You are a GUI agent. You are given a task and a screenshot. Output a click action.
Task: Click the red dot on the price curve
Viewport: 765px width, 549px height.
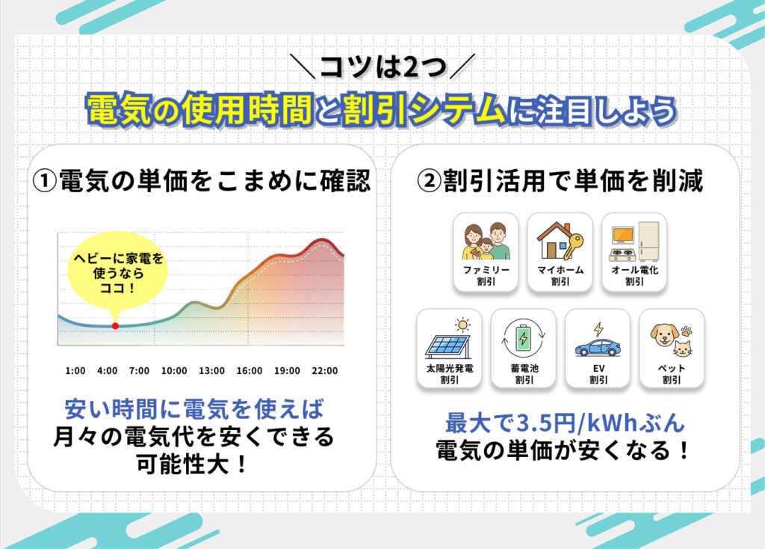tap(115, 326)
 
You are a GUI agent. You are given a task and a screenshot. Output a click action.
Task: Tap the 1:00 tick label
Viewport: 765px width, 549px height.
tap(75, 371)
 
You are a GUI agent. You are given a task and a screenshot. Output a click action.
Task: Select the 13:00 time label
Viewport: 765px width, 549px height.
tap(211, 371)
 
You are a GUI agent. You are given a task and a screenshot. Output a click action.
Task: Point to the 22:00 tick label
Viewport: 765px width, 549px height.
tap(324, 371)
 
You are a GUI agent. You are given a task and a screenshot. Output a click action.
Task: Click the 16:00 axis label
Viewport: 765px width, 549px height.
tap(250, 371)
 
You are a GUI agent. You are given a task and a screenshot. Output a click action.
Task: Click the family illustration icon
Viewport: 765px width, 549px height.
tap(486, 241)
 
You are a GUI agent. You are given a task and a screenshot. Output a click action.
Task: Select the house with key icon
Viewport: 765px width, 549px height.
tap(560, 240)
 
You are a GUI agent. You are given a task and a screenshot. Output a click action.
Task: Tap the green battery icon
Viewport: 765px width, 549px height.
tap(524, 338)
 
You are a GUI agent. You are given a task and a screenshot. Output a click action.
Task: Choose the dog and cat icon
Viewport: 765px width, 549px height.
tap(672, 341)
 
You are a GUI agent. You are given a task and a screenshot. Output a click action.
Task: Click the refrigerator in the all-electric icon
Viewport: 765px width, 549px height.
tap(648, 242)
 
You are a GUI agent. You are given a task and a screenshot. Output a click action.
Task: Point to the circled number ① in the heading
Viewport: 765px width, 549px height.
tap(45, 181)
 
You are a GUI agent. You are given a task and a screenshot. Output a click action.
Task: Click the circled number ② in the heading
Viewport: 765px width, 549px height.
tap(429, 181)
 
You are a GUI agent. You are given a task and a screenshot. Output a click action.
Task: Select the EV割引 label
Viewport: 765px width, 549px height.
tap(598, 374)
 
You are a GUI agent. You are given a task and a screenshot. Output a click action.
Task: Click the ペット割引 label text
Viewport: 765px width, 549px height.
tap(672, 374)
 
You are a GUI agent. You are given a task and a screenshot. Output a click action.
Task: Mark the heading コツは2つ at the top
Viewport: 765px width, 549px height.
tap(383, 67)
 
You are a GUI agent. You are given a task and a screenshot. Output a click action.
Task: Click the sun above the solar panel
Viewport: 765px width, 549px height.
tap(462, 325)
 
